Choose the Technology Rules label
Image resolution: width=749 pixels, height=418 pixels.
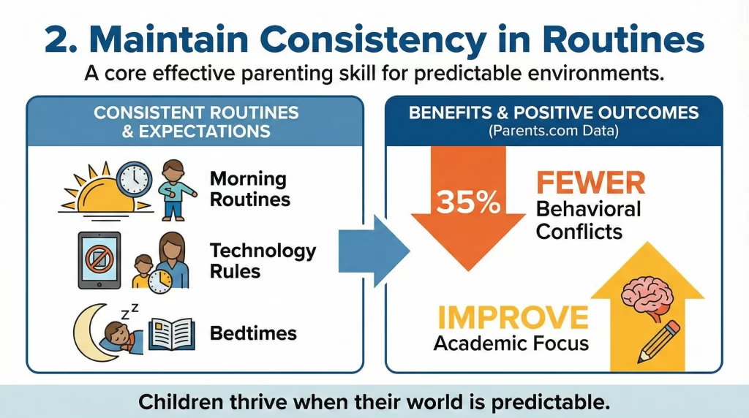coord(263,260)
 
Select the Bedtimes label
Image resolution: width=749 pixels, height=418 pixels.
coord(253,333)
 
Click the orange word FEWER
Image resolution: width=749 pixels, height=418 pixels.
coord(590,183)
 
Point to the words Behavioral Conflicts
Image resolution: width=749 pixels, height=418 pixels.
coord(588,221)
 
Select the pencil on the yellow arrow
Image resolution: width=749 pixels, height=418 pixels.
coord(657,339)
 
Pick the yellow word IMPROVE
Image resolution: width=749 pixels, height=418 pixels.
coord(512,317)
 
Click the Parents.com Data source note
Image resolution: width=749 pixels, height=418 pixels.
coord(553,132)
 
